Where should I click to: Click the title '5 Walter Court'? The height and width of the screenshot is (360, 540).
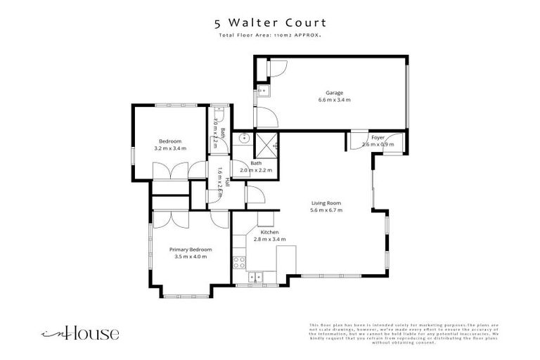pyautogui.click(x=269, y=22)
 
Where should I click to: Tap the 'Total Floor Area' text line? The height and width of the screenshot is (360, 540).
pyautogui.click(x=269, y=34)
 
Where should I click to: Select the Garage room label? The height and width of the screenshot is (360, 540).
pyautogui.click(x=334, y=93)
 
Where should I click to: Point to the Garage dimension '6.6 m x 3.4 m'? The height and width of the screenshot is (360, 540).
pyautogui.click(x=334, y=101)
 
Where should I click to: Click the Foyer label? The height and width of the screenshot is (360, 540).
pyautogui.click(x=378, y=138)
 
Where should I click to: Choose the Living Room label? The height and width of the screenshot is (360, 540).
pyautogui.click(x=326, y=203)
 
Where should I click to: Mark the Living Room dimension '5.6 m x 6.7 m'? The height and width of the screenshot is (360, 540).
pyautogui.click(x=326, y=210)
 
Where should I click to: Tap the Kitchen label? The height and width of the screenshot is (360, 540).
pyautogui.click(x=271, y=232)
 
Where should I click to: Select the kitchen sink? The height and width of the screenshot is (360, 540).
pyautogui.click(x=258, y=276)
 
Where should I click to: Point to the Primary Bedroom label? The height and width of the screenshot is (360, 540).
pyautogui.click(x=190, y=249)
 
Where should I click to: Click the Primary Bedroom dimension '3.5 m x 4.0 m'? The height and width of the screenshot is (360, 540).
pyautogui.click(x=190, y=257)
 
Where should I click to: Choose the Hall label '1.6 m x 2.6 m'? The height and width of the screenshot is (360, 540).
pyautogui.click(x=219, y=181)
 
